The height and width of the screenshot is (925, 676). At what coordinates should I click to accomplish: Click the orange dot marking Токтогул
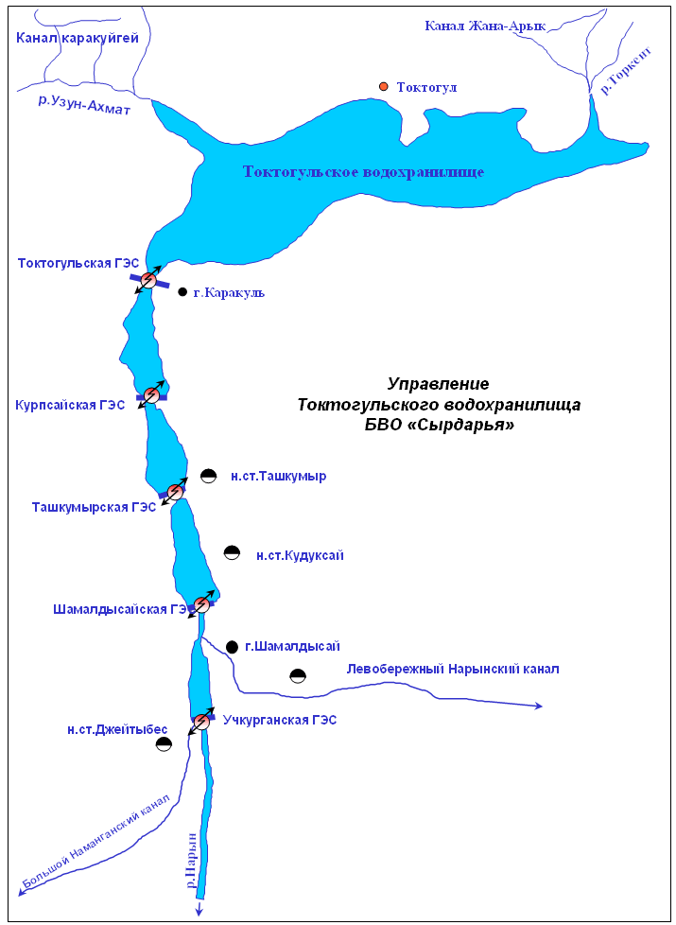(x=384, y=87)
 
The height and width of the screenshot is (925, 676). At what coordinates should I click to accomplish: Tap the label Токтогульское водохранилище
(x=364, y=172)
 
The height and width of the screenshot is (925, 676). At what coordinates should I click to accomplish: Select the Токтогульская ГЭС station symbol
(x=148, y=280)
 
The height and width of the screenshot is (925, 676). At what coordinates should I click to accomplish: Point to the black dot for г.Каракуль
(x=182, y=292)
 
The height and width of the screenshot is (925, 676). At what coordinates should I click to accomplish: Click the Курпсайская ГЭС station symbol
(x=151, y=395)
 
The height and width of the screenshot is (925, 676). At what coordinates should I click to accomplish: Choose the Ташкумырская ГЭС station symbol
(x=175, y=492)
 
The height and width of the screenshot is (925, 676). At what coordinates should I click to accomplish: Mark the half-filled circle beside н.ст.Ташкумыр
(x=208, y=476)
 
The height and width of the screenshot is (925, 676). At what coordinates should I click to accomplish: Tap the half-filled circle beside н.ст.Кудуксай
(x=233, y=552)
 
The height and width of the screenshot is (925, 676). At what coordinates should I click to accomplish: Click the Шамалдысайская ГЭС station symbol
(x=201, y=604)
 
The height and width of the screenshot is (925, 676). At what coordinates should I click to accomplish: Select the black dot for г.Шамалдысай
(x=232, y=647)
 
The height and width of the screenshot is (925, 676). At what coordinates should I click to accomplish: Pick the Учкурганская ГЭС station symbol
(x=201, y=721)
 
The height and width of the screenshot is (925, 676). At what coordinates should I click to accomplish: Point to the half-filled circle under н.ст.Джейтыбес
(x=164, y=744)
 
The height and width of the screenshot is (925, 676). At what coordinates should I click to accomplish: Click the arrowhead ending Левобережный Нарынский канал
(x=538, y=706)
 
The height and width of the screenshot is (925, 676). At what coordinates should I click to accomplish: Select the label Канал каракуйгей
(x=78, y=39)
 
